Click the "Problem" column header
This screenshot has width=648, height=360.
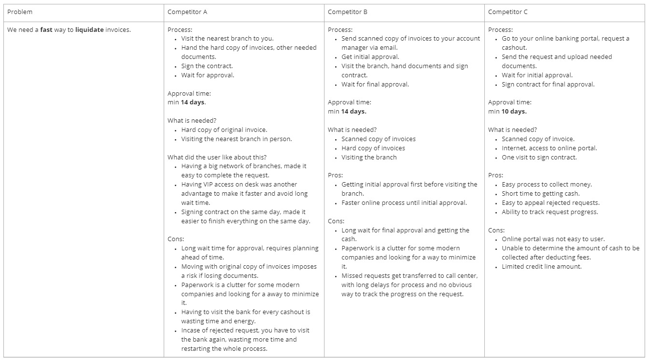pyautogui.click(x=20, y=12)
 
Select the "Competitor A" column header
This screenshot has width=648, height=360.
pyautogui.click(x=187, y=12)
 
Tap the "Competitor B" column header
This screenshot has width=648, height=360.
pyautogui.click(x=348, y=12)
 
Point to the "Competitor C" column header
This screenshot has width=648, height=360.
pyautogui.click(x=508, y=12)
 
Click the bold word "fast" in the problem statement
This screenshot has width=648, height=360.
pyautogui.click(x=46, y=29)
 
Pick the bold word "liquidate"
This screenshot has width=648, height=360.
pyautogui.click(x=89, y=29)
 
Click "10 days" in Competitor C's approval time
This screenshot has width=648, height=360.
pyautogui.click(x=514, y=111)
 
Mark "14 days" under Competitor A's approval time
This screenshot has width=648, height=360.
pyautogui.click(x=193, y=102)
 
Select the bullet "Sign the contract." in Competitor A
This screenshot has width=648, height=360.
pyautogui.click(x=207, y=66)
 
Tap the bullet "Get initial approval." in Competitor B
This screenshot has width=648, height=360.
pyautogui.click(x=370, y=57)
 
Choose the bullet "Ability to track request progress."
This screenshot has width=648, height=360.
pyautogui.click(x=549, y=212)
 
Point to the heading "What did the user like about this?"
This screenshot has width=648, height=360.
pyautogui.click(x=217, y=157)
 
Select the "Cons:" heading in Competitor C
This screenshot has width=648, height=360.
pyautogui.click(x=496, y=230)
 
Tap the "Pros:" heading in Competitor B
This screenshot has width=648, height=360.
pyautogui.click(x=336, y=175)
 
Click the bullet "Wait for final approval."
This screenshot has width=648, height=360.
pyautogui.click(x=375, y=84)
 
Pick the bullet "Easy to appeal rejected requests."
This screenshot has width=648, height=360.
pyautogui.click(x=550, y=202)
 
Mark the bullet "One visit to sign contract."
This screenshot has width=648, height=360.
pyautogui.click(x=539, y=157)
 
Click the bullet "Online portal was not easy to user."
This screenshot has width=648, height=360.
pyautogui.click(x=553, y=239)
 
